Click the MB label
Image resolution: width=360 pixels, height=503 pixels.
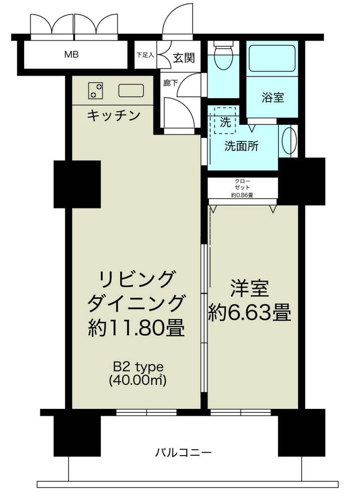coord(71,54)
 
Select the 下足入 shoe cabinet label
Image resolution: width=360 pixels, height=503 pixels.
coord(146,56)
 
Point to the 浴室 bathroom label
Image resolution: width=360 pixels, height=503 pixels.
coord(273,97)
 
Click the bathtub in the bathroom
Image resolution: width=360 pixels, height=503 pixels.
coord(273,58)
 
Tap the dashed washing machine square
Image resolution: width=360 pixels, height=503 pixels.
coord(225,121)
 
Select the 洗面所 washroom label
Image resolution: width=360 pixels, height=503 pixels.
coord(241,146)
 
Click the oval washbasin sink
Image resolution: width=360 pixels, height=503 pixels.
coord(289,141)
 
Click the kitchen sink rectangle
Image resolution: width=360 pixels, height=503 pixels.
coord(131,91)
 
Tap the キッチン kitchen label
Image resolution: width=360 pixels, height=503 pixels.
coord(114,116)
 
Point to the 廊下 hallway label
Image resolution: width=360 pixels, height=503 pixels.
coord(170,83)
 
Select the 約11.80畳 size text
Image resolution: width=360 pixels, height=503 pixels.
coord(136,328)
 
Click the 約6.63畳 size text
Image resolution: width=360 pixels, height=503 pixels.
coord(250,313)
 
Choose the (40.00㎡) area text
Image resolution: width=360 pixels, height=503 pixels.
coord(137,381)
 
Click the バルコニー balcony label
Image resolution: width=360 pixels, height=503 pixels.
coord(183,452)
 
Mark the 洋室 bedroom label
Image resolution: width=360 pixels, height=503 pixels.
coord(250,289)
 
